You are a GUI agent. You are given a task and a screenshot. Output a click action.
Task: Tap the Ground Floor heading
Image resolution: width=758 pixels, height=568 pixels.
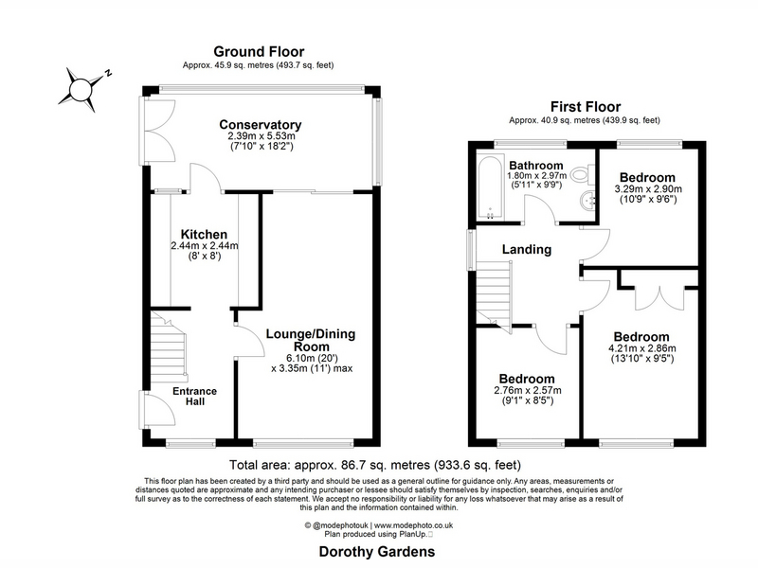(259, 52)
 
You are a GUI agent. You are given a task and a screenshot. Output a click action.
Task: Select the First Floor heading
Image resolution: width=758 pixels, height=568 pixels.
(586, 106)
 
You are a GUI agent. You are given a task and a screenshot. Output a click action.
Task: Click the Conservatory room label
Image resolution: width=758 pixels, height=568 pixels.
(260, 125)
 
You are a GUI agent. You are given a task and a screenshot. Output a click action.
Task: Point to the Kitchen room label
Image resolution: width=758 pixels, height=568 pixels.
(204, 235)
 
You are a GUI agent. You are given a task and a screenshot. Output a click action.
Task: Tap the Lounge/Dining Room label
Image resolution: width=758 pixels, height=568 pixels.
(311, 340)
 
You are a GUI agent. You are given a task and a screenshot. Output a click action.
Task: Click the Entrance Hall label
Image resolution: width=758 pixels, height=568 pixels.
(195, 396)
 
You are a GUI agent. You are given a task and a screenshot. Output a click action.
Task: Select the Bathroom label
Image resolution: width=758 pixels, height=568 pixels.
(536, 166)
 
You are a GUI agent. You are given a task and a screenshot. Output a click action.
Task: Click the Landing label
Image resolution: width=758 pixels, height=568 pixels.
(527, 249)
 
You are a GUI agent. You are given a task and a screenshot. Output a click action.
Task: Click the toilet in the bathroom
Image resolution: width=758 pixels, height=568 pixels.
(583, 174)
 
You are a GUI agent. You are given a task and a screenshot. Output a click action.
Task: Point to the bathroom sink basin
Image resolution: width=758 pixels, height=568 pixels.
(587, 201)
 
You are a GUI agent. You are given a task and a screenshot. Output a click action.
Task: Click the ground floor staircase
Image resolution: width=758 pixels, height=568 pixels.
(169, 346)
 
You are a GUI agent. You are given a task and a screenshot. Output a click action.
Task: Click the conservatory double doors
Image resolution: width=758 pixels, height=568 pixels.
(158, 131)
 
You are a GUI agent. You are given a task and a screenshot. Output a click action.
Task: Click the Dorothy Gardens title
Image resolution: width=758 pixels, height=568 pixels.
(377, 552)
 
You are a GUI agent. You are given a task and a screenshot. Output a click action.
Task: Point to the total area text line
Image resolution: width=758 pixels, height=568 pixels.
(375, 465)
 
